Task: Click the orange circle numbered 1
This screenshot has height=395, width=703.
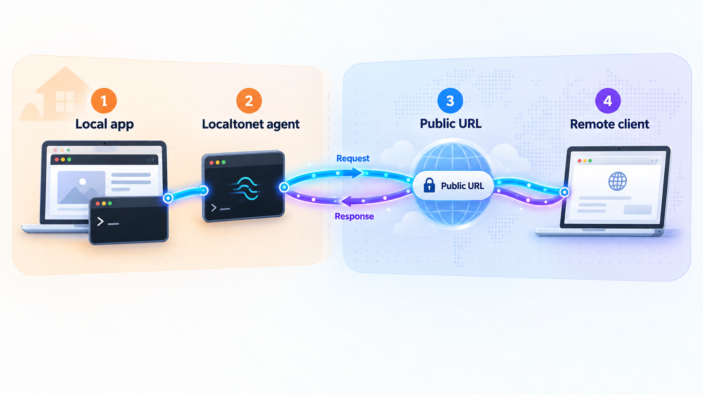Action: click(104, 101)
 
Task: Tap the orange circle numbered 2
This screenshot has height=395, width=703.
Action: click(249, 101)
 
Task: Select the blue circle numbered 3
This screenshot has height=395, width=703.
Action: click(450, 101)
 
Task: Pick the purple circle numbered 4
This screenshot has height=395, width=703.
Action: click(608, 101)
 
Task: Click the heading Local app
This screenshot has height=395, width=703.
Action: click(105, 124)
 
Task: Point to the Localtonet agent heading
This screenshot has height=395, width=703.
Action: click(251, 124)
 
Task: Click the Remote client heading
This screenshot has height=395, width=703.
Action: click(610, 124)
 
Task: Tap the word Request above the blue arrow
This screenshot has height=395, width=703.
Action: click(353, 159)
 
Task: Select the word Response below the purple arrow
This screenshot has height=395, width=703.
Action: click(354, 216)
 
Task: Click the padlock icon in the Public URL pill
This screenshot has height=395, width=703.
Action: click(429, 185)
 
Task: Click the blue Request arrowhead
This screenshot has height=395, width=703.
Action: click(357, 173)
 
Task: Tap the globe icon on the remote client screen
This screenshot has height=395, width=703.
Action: click(617, 181)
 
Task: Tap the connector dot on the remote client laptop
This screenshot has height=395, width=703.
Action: click(564, 192)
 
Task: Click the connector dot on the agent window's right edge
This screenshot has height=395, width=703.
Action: click(284, 187)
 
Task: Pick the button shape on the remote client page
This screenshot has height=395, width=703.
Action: click(637, 209)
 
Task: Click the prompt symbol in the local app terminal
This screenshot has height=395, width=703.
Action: click(100, 222)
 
